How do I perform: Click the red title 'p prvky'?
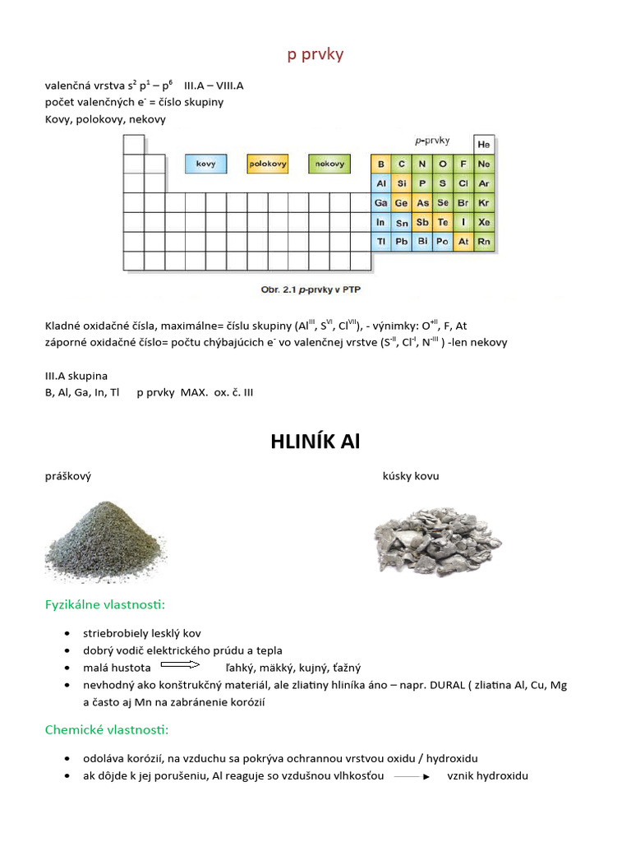[x=315, y=55]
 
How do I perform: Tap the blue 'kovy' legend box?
[x=205, y=164]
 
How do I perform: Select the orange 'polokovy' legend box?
[x=268, y=164]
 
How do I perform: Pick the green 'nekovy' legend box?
[x=329, y=164]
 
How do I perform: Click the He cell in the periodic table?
[x=484, y=144]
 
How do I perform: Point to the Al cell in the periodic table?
[x=381, y=183]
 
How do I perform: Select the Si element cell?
[x=402, y=183]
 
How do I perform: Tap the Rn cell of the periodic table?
[x=484, y=242]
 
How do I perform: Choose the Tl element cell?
[x=381, y=242]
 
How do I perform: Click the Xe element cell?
[x=484, y=222]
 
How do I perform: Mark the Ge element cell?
[x=402, y=202]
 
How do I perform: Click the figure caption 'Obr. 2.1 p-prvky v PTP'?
[x=316, y=289]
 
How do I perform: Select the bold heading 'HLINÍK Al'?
[x=315, y=442]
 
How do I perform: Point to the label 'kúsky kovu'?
[x=411, y=476]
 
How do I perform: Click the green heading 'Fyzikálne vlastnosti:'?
[x=104, y=605]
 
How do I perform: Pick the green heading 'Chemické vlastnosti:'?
[x=106, y=729]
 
